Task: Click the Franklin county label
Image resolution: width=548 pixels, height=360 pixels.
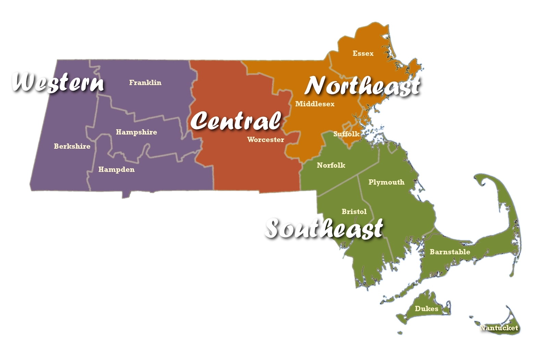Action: [145, 82]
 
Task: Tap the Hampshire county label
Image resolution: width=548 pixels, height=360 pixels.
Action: [136, 132]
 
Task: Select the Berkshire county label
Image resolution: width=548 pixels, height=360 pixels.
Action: [72, 146]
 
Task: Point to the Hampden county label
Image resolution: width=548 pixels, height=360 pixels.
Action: [116, 169]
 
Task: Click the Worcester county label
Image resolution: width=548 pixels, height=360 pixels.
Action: [265, 140]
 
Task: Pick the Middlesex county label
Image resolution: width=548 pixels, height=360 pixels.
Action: [315, 104]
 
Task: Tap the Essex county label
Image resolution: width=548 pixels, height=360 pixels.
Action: [363, 53]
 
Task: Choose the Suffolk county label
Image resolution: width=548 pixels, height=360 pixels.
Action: [346, 134]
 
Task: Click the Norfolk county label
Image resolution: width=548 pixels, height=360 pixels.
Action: [331, 165]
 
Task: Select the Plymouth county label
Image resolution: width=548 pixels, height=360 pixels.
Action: [386, 182]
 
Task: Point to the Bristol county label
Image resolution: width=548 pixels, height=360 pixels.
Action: [354, 211]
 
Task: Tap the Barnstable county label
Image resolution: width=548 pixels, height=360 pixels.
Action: [450, 252]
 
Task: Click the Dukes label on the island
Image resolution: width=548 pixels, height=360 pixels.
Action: [426, 309]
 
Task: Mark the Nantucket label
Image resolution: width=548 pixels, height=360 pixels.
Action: [499, 328]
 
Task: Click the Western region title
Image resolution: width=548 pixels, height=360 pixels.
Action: [58, 82]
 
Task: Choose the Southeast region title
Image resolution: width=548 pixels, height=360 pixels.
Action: [324, 228]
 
